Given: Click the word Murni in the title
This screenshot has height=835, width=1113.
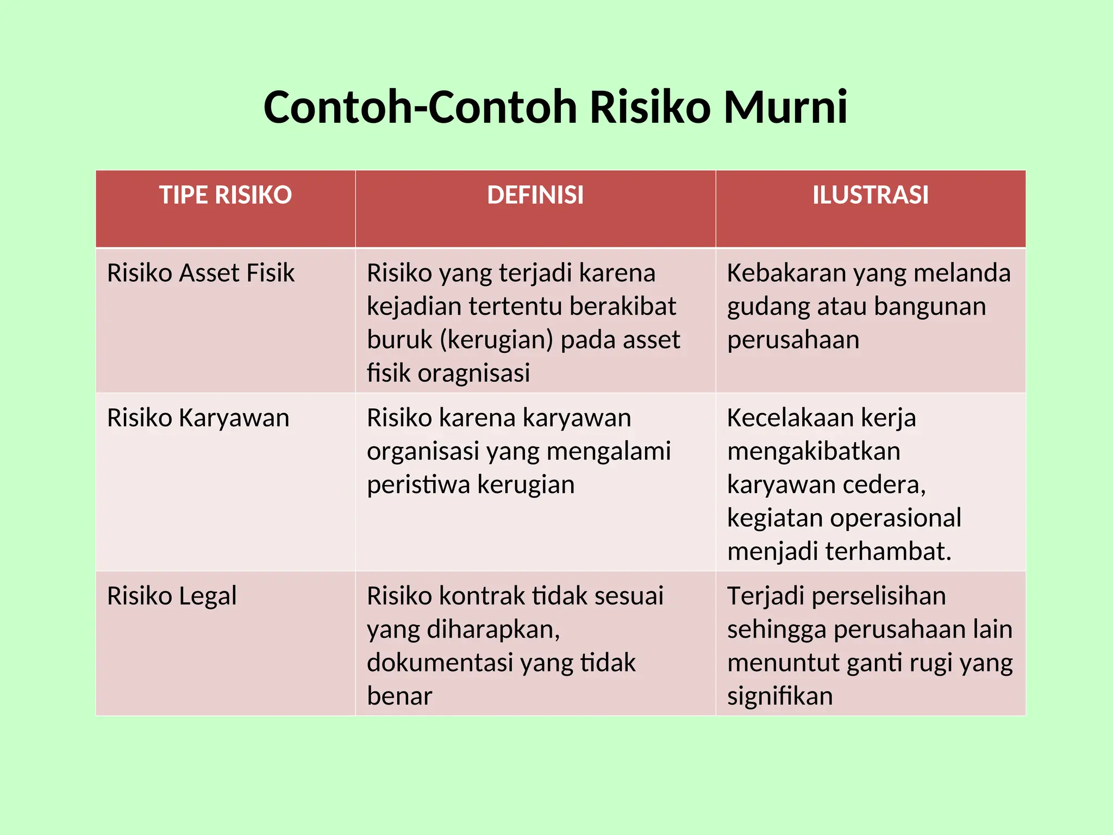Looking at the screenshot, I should (x=785, y=107).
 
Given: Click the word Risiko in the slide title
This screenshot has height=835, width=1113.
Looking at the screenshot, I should (x=650, y=107).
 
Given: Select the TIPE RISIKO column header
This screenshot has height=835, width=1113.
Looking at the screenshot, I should (x=226, y=195).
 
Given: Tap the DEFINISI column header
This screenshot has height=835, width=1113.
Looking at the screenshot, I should (x=535, y=195).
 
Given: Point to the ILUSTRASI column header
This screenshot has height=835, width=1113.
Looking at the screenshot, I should (x=871, y=195).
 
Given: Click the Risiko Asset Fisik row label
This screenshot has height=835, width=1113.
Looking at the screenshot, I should (x=201, y=273).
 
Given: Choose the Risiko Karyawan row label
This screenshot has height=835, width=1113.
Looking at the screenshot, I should (x=198, y=418).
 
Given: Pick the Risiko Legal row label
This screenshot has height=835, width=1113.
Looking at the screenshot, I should (x=172, y=596).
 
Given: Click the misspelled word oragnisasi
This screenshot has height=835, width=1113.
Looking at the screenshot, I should (x=474, y=373).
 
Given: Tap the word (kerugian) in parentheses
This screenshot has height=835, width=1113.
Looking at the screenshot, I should (x=496, y=340).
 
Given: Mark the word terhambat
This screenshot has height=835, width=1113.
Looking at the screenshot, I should (x=889, y=551).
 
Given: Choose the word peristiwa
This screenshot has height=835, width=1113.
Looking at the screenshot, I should (x=416, y=485).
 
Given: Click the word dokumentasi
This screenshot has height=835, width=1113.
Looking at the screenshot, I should (x=440, y=663).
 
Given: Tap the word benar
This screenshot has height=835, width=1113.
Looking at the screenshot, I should (x=399, y=696).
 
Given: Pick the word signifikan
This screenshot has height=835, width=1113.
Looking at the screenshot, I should (x=780, y=696).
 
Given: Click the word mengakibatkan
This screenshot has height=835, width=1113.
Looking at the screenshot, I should (x=814, y=452).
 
